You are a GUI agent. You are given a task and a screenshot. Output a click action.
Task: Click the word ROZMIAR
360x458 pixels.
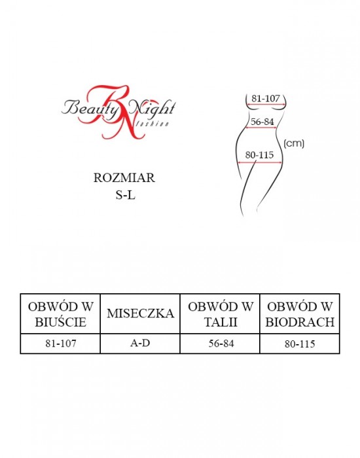124,178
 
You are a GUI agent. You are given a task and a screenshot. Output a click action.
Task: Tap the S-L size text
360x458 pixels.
126,195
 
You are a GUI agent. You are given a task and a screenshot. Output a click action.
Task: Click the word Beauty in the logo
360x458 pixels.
90,108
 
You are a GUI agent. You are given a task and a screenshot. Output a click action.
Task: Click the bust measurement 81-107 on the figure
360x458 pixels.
266,98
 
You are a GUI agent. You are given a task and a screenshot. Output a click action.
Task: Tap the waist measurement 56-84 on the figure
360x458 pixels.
262,122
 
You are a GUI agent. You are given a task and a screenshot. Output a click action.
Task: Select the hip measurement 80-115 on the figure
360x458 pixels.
259,155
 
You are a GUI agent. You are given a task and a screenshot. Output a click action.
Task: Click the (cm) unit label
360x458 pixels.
294,143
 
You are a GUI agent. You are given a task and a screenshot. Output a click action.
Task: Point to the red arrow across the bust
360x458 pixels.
266,104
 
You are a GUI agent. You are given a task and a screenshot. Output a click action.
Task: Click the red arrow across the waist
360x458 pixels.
261,128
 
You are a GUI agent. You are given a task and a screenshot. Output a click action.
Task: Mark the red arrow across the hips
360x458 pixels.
260,162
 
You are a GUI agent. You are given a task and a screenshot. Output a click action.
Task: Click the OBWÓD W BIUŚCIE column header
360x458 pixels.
60,314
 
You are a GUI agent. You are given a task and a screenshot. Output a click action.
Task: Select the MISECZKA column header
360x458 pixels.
140,313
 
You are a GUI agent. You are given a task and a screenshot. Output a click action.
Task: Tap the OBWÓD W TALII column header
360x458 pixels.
221,314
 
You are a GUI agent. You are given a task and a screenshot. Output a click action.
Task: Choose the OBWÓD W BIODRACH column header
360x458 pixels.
300,314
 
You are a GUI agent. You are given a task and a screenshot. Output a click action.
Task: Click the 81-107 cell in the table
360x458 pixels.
61,343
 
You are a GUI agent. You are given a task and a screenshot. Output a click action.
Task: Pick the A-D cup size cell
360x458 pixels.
140,343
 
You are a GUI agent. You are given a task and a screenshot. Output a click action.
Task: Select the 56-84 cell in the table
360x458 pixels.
221,343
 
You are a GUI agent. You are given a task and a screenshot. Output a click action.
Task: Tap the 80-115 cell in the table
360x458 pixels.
300,344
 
